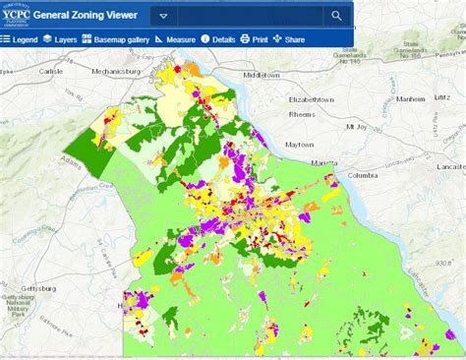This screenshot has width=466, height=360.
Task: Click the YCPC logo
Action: tap(16, 15)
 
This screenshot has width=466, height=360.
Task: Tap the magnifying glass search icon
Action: tap(336, 16)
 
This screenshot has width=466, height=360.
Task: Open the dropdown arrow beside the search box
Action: tap(163, 16)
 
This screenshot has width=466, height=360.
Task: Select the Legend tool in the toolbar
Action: tap(20, 39)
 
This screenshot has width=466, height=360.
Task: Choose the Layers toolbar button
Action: tap(60, 39)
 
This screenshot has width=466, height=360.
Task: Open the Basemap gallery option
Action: tap(116, 39)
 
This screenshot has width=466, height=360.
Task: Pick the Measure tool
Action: tap(175, 39)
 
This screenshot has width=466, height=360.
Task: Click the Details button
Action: tap(218, 39)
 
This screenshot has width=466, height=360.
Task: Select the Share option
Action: tap(289, 39)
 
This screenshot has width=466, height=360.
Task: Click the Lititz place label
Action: tap(443, 98)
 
